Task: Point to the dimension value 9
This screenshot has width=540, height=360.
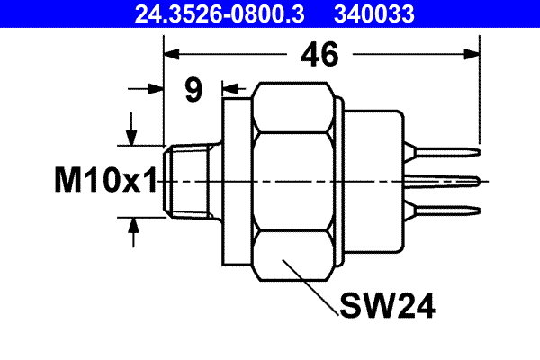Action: (193, 90)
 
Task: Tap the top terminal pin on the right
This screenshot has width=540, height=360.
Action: (445, 151)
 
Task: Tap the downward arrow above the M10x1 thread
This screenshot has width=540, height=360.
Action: (132, 134)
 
